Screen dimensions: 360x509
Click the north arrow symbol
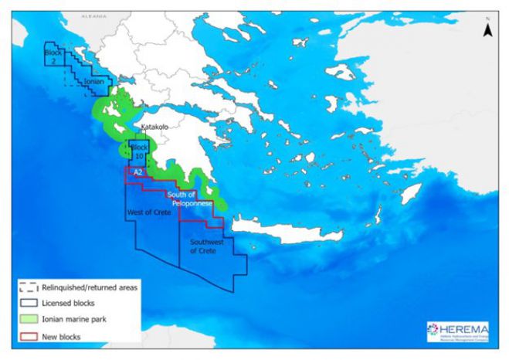point(487,29)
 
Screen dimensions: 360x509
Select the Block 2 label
point(51,56)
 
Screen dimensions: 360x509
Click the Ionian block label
point(93,80)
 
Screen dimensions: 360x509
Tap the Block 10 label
point(140,151)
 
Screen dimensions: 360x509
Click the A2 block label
point(137,172)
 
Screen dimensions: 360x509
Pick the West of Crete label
point(148,212)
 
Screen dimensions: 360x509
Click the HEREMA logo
point(457,331)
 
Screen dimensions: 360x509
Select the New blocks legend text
point(63,336)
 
